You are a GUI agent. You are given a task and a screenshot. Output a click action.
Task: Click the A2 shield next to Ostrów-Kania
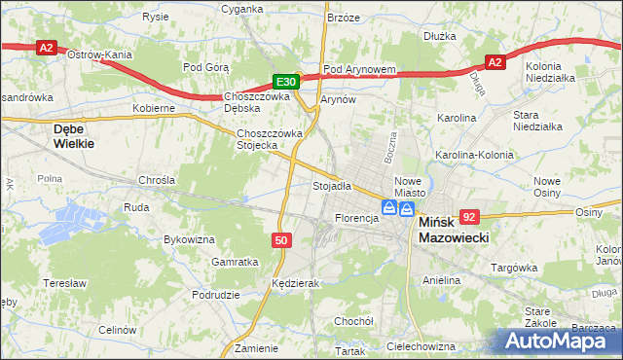[46, 46]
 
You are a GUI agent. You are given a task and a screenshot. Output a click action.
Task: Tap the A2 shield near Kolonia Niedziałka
[495, 62]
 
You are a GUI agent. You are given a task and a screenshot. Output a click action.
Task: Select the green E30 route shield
[284, 83]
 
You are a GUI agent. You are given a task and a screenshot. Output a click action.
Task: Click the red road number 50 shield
[280, 239]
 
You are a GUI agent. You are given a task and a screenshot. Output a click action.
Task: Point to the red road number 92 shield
[471, 218]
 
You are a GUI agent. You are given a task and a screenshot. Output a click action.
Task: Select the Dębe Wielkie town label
[74, 135]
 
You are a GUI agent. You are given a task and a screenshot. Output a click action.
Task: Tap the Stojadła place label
[331, 185]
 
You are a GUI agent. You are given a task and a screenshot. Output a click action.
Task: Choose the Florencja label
[356, 218]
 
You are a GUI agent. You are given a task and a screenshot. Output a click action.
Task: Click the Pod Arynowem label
[359, 69]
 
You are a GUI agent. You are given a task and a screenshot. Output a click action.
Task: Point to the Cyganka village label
[242, 8]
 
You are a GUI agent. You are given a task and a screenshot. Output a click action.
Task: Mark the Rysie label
[155, 17]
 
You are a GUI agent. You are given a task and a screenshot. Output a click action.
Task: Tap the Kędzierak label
[296, 283]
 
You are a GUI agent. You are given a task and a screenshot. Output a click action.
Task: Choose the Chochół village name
[353, 320]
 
